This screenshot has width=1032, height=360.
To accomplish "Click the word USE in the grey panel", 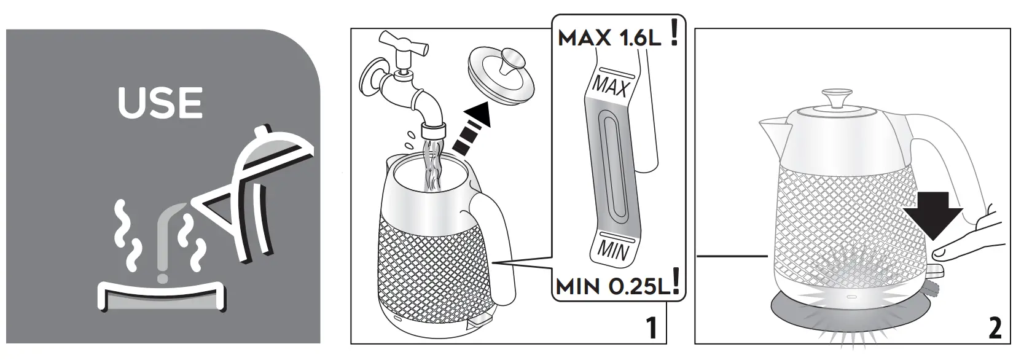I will (160, 104).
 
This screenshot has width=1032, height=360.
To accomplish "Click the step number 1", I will (652, 329).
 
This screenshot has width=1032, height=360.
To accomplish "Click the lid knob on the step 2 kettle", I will (837, 98).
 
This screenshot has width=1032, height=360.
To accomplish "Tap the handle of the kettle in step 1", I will (495, 240).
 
